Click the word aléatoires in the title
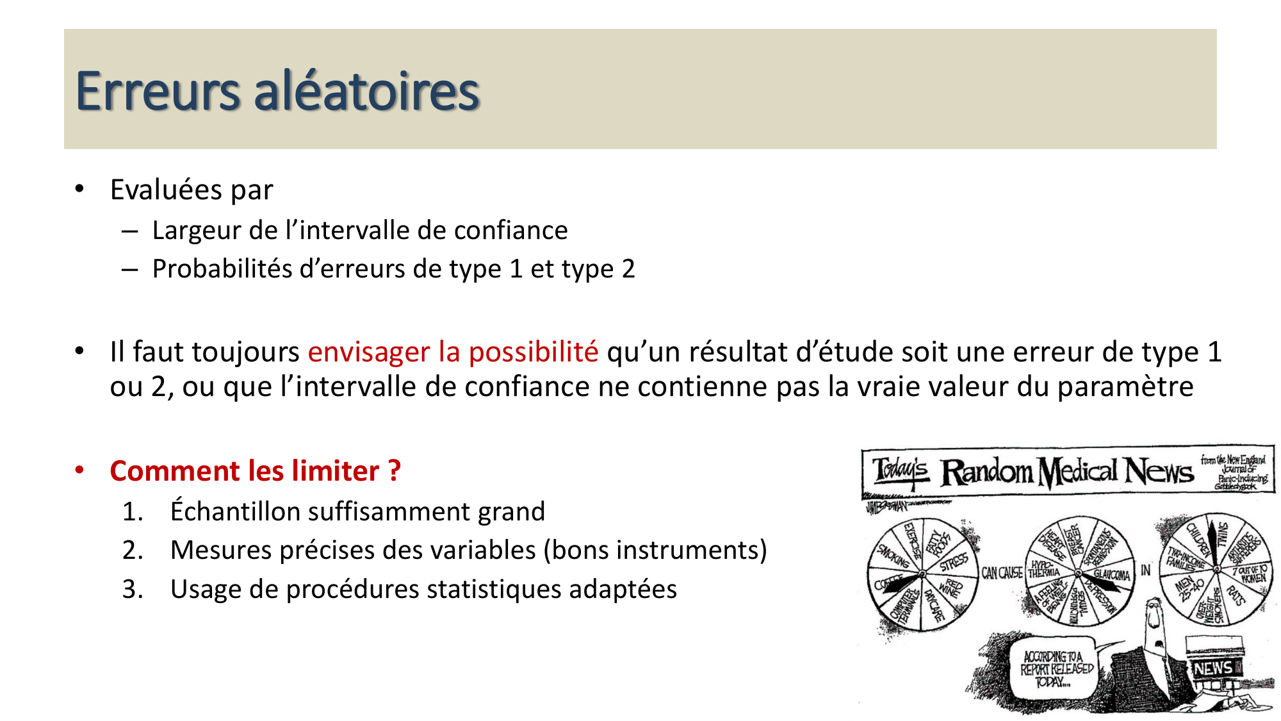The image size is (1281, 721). click(366, 91)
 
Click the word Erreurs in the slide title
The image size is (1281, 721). click(158, 91)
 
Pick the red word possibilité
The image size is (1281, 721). click(534, 352)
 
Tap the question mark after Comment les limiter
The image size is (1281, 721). click(395, 471)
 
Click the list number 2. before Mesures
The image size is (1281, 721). click(133, 551)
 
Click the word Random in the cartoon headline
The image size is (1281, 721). click(986, 472)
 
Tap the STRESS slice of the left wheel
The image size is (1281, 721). click(954, 562)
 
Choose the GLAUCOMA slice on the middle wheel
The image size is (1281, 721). click(1111, 574)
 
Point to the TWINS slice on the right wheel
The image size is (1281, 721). click(1222, 535)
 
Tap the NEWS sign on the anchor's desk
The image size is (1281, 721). click(1213, 668)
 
